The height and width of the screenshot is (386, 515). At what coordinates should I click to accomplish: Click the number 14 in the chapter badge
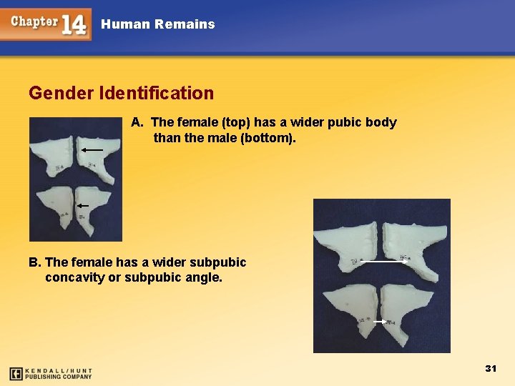point(74,24)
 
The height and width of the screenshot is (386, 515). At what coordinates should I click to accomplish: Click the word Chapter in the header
point(34,21)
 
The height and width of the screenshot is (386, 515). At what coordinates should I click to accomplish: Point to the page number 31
point(491,368)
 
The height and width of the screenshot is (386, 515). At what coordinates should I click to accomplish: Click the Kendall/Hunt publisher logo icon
point(15,373)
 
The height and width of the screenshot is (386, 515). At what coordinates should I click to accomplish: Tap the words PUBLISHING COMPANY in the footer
point(59,377)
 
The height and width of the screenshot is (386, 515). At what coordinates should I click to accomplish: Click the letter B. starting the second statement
point(35,262)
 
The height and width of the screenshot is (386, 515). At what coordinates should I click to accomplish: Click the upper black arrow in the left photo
point(92,150)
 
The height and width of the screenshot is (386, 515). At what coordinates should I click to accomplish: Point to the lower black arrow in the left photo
point(83,205)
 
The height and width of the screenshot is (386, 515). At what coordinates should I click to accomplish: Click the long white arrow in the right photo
point(384,262)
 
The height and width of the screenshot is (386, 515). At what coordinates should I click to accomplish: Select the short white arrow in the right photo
point(380,322)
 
